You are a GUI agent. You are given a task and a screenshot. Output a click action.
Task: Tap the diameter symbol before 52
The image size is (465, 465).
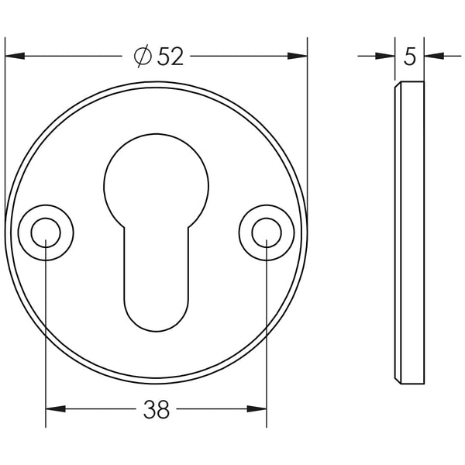(x=142, y=57)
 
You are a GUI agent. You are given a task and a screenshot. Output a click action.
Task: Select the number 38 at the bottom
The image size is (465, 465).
(x=156, y=409)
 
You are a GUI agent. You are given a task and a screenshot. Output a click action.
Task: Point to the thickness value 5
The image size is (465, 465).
(x=410, y=57)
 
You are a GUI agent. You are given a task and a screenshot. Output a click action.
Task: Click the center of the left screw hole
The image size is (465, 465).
(x=46, y=232)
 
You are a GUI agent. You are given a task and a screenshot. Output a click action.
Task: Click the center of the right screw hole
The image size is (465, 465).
(x=266, y=232)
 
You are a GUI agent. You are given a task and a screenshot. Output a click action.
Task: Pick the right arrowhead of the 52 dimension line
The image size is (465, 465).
(x=298, y=56)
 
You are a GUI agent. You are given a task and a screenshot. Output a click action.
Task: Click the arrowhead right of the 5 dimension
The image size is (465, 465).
(x=434, y=56)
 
